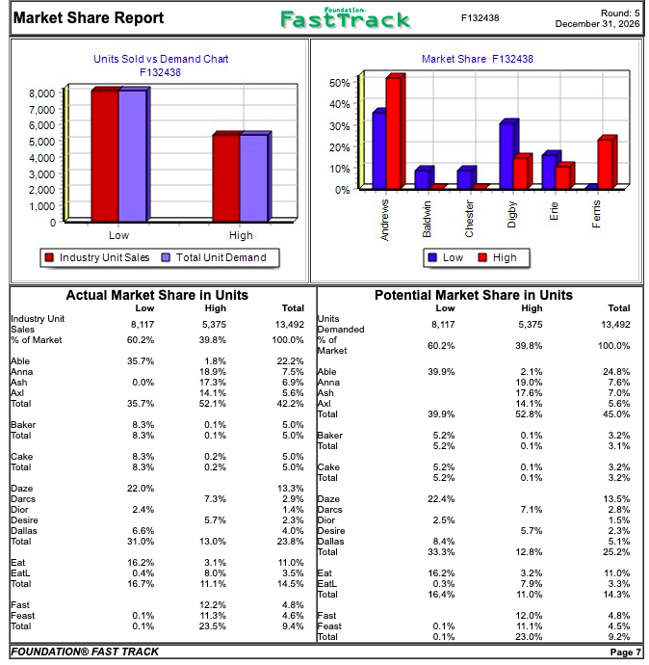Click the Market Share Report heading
(89, 17)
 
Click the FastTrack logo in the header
(345, 18)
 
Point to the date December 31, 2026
(597, 23)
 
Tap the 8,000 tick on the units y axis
(40, 93)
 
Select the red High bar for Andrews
(393, 133)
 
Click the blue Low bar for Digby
(506, 155)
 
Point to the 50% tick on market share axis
(339, 83)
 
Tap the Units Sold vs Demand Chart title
(161, 59)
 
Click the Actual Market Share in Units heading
(157, 295)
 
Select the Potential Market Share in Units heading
(473, 295)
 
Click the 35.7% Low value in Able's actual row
(141, 360)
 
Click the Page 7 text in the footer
(625, 652)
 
